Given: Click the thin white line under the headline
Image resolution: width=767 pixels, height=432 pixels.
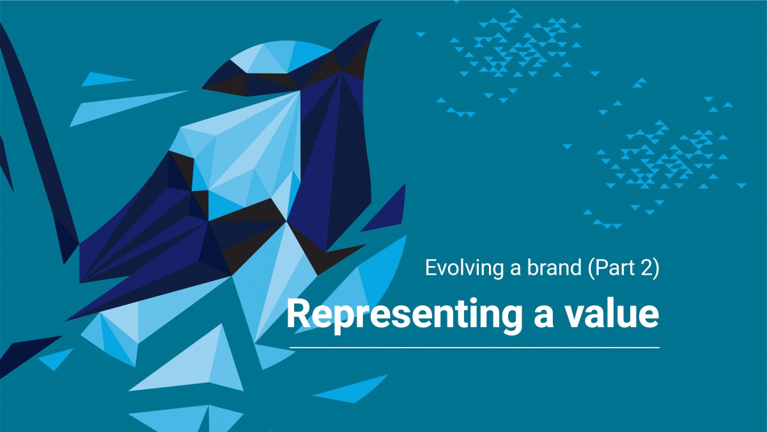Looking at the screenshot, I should [x=474, y=348].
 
